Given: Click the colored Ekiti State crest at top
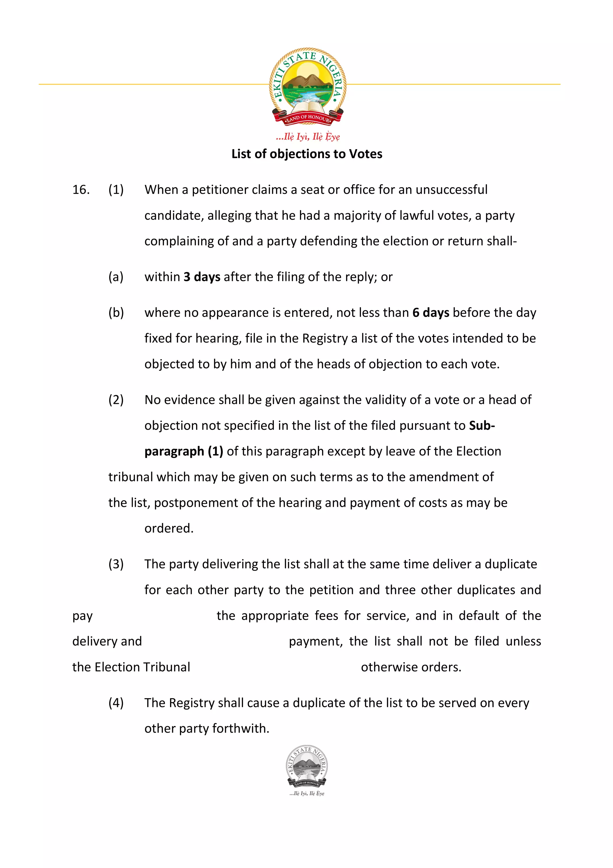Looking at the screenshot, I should (x=307, y=86).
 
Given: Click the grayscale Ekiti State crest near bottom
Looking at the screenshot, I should (x=307, y=767).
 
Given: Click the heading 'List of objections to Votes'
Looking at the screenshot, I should (x=307, y=154).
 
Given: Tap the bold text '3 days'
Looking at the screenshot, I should (x=202, y=277).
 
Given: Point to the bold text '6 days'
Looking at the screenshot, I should (x=431, y=313).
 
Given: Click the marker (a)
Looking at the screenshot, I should (x=116, y=277).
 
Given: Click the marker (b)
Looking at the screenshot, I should (x=116, y=313).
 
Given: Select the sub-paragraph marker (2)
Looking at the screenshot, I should (x=116, y=400).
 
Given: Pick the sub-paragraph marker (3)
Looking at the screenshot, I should (x=116, y=564).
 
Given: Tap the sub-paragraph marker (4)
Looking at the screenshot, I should (x=116, y=703).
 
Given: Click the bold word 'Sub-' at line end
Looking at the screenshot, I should (x=482, y=426).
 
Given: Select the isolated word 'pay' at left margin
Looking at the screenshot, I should (x=82, y=616).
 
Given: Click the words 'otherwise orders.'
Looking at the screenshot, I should (x=411, y=667).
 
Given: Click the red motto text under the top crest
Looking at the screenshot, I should (x=307, y=137).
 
